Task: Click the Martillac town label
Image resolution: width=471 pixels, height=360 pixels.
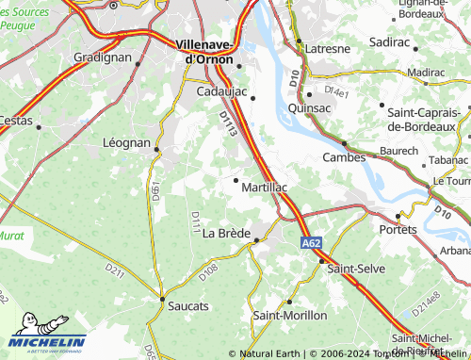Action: tap(264, 188)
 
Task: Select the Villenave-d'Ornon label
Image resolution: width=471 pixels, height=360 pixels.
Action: tap(211, 50)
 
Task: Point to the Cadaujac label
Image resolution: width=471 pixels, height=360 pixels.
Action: tap(222, 91)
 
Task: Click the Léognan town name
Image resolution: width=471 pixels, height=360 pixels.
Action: tap(125, 143)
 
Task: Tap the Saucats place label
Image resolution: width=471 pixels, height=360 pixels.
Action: tap(189, 306)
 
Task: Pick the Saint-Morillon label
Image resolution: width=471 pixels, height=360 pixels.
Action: tap(290, 315)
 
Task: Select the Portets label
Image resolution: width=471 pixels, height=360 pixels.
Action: tap(398, 229)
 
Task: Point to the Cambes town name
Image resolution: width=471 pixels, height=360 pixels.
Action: tap(344, 157)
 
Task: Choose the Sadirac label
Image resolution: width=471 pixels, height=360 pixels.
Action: tap(415, 42)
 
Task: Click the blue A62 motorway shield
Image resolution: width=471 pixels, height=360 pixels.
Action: tap(312, 243)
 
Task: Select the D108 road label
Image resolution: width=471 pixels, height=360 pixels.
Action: tap(208, 270)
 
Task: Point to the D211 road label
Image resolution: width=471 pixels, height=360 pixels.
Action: tap(115, 271)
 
